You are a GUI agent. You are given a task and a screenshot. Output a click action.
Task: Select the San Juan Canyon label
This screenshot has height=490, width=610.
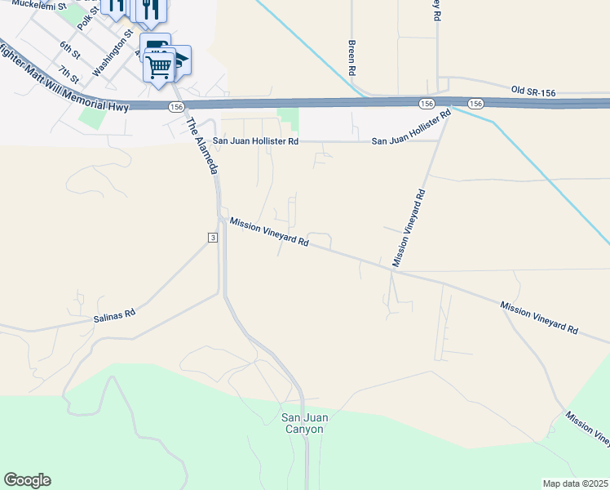pyautogui.click(x=305, y=423)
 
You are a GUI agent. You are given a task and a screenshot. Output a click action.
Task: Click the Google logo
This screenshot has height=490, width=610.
pyautogui.click(x=27, y=480)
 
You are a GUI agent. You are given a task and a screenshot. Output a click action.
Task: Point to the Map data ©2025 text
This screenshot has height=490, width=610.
pyautogui.click(x=575, y=483)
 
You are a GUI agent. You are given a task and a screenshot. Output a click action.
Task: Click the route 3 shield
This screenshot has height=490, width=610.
pyautogui.click(x=212, y=237)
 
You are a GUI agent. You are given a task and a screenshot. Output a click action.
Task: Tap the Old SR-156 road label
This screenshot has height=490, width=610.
pyautogui.click(x=533, y=92)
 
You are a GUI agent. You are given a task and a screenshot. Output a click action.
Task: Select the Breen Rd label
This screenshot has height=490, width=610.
pyautogui.click(x=352, y=58)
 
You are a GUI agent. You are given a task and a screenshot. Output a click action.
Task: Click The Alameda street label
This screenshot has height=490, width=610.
pyautogui.click(x=203, y=147)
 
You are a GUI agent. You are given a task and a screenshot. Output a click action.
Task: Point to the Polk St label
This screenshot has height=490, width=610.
pyautogui.click(x=86, y=16)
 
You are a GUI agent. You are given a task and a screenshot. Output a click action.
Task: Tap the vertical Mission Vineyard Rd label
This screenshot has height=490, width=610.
pyautogui.click(x=409, y=229)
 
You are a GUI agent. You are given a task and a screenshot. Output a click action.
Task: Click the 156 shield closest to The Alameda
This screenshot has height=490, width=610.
pyautogui.click(x=176, y=107)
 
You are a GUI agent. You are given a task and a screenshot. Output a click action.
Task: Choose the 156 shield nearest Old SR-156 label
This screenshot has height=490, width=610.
pyautogui.click(x=476, y=104)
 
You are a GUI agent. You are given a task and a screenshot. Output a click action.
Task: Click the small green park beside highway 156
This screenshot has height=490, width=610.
pyautogui.click(x=288, y=119)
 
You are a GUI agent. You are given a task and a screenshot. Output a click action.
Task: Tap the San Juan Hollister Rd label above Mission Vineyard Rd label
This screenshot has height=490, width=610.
pyautogui.click(x=256, y=141)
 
